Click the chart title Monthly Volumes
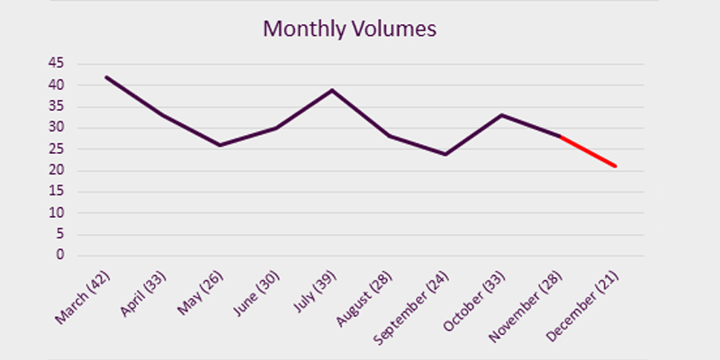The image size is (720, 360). [x=349, y=29]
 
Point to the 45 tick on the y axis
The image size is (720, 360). [x=56, y=63]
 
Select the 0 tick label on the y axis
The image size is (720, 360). [x=59, y=256]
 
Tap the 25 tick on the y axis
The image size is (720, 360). [x=56, y=148]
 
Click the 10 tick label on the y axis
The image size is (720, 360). [x=56, y=213]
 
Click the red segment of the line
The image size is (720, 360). [x=589, y=151]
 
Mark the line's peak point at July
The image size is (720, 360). [x=333, y=90]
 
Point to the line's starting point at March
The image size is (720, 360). [x=106, y=76]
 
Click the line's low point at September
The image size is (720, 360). [x=445, y=154]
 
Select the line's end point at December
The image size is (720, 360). [x=616, y=166]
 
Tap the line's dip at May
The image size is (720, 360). [x=220, y=145]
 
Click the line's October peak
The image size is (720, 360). [x=502, y=114]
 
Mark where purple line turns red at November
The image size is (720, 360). [x=560, y=136]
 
